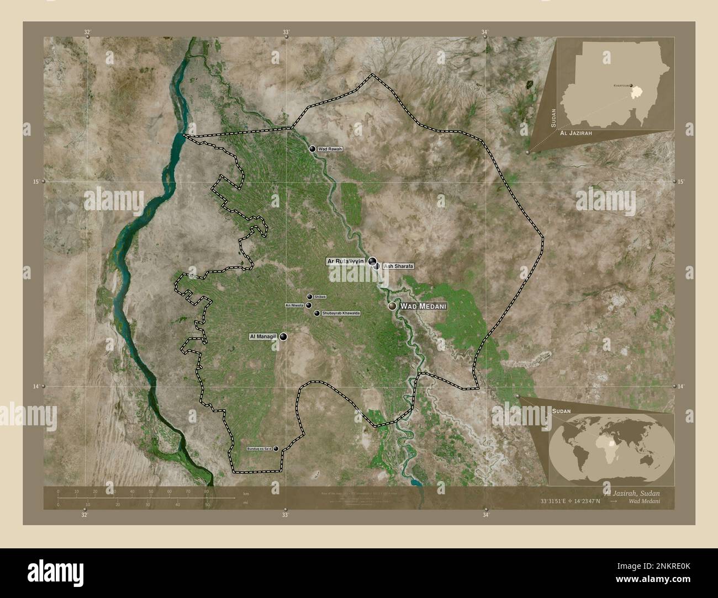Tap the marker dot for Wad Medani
pyautogui.click(x=392, y=306)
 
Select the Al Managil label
pyautogui.click(x=262, y=336)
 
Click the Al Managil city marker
pyautogui.click(x=283, y=337)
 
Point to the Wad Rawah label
pyautogui.click(x=331, y=149)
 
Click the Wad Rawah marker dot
pyautogui.click(x=313, y=149)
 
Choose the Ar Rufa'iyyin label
pyautogui.click(x=346, y=261)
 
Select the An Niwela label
pyautogui.click(x=294, y=305)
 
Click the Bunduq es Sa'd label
pyautogui.click(x=259, y=449)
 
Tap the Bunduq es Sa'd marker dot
pyautogui.click(x=276, y=449)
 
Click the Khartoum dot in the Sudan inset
pyautogui.click(x=631, y=86)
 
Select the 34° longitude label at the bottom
pyautogui.click(x=485, y=515)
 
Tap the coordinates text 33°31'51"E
pyautogui.click(x=555, y=501)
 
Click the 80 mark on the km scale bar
pyautogui.click(x=206, y=491)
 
